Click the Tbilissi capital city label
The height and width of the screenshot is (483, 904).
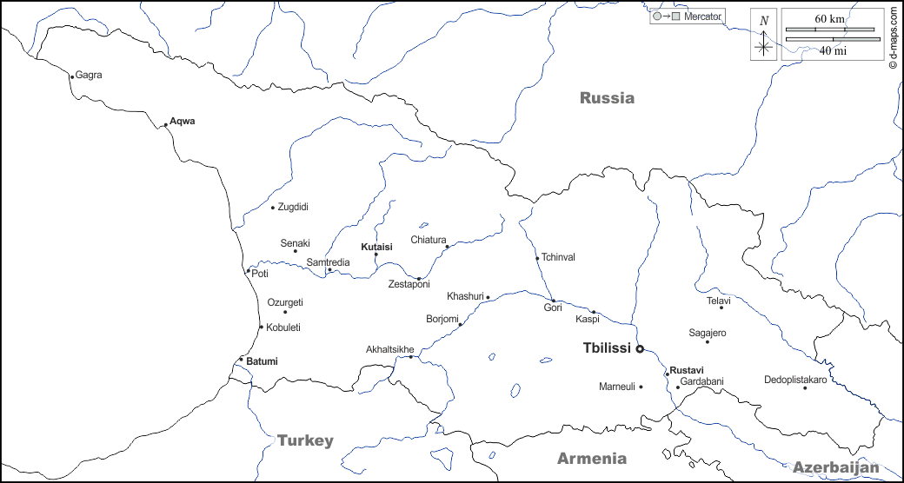tap(606, 348)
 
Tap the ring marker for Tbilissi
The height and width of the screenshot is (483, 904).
tap(640, 349)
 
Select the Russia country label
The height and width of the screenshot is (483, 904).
tap(607, 98)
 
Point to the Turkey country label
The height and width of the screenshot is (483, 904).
tap(305, 440)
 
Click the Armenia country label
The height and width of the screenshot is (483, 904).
tap(591, 458)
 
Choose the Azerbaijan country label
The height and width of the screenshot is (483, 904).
tap(836, 466)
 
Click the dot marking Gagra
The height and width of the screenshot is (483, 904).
tap(72, 76)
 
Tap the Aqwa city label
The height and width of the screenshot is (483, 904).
tap(183, 122)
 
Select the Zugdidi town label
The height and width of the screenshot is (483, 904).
tap(293, 207)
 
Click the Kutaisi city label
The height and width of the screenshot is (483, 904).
tap(376, 247)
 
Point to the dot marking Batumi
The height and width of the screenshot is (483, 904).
tap(241, 360)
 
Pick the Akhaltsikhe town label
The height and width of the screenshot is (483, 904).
tap(390, 350)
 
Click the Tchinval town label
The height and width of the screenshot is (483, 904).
tap(558, 257)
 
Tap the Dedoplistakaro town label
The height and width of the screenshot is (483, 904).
tap(795, 380)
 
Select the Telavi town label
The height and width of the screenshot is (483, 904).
tap(719, 301)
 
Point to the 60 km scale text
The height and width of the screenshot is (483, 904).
tap(829, 19)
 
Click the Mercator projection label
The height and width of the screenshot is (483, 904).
tap(702, 17)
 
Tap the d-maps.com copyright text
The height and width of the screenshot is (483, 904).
tap(893, 39)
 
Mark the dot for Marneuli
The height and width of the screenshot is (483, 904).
tap(641, 387)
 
